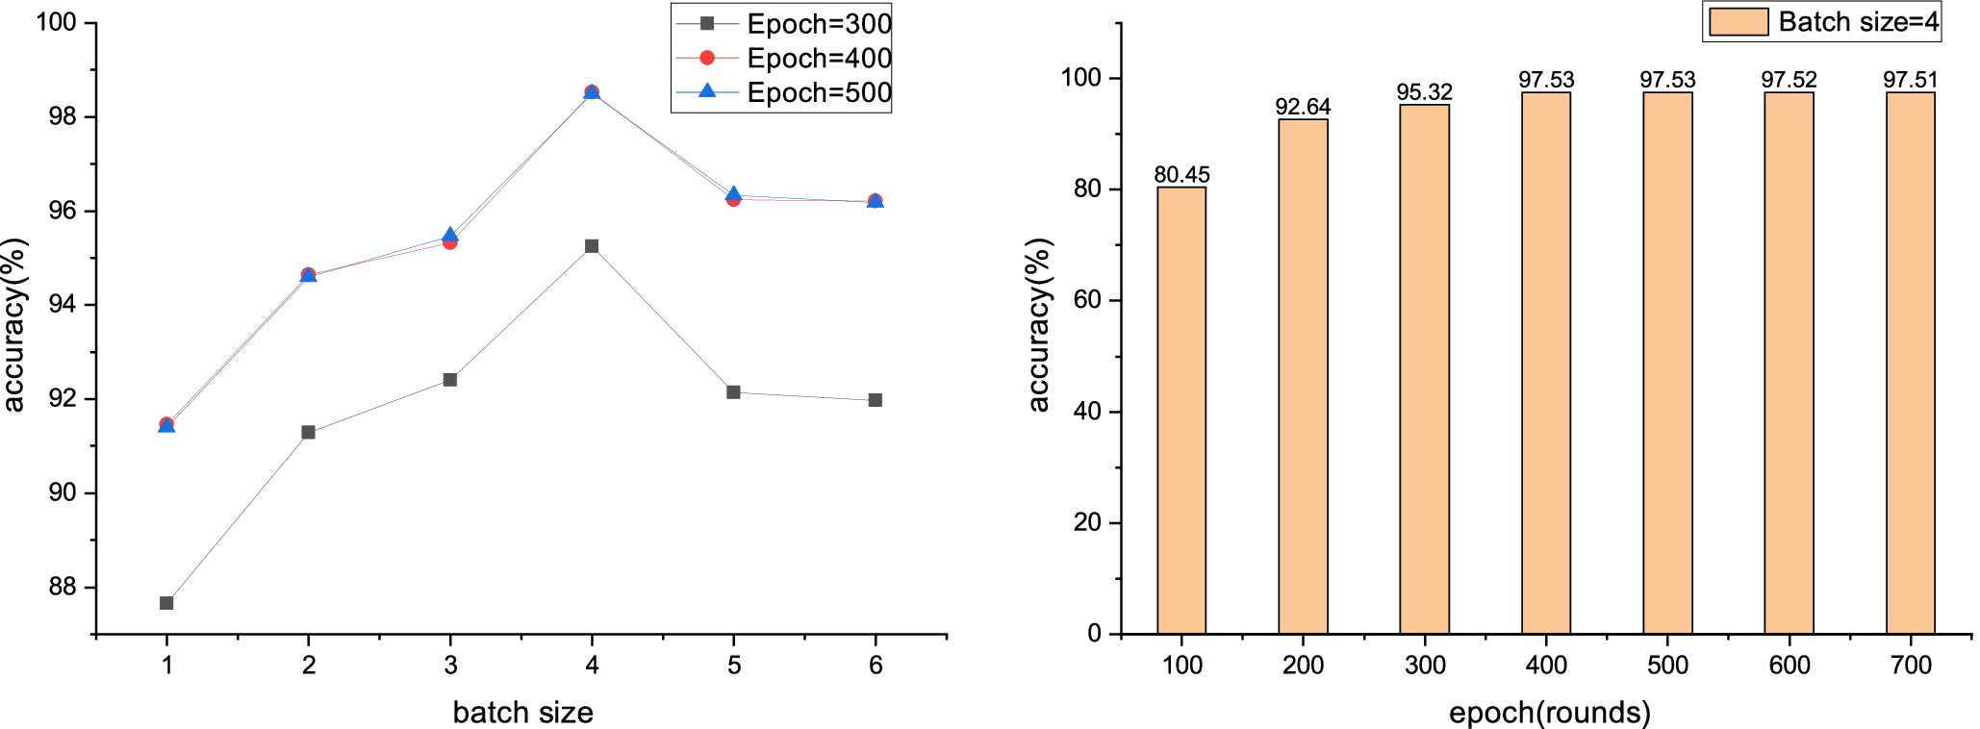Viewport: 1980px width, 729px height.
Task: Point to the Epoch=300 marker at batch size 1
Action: click(x=166, y=603)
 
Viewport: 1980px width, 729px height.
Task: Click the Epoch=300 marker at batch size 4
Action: click(x=592, y=246)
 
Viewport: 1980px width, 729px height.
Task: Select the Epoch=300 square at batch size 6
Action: click(x=876, y=400)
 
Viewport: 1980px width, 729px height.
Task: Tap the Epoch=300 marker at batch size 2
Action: click(x=308, y=433)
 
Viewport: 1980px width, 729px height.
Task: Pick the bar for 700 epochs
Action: click(x=1911, y=364)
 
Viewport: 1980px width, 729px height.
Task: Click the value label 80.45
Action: click(x=1181, y=175)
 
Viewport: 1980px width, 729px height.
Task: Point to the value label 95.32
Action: click(x=1425, y=92)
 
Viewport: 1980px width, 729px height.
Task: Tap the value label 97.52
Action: click(x=1789, y=80)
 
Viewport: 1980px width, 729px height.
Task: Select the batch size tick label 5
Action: click(x=734, y=666)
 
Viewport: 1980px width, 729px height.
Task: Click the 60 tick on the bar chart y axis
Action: click(x=1086, y=301)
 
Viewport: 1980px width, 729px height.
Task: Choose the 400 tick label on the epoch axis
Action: click(x=1546, y=666)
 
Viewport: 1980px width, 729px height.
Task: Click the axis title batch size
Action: click(x=522, y=713)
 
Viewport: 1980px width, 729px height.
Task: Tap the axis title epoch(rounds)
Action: click(x=1550, y=713)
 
